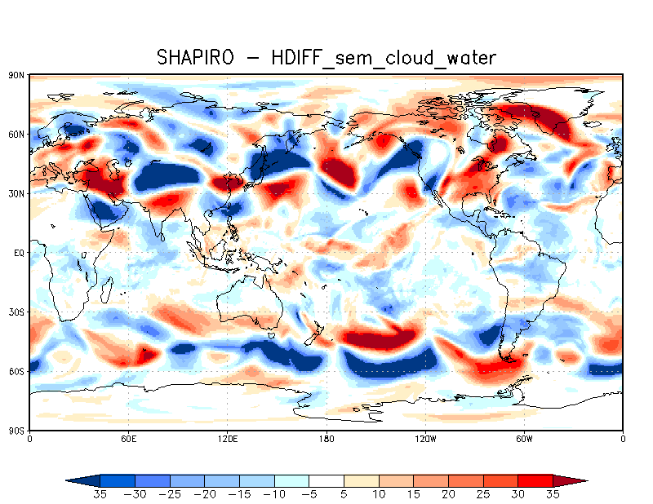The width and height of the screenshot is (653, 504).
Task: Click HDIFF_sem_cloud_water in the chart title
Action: [369, 57]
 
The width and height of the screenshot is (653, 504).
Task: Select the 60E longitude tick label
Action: [128, 440]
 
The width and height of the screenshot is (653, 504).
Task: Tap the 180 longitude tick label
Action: [326, 440]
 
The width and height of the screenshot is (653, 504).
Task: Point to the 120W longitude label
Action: [425, 440]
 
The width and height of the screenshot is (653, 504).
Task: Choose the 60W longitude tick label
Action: [524, 440]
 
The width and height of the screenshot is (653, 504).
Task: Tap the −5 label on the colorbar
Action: [309, 494]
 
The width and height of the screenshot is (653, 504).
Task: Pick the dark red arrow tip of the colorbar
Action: [575, 480]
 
